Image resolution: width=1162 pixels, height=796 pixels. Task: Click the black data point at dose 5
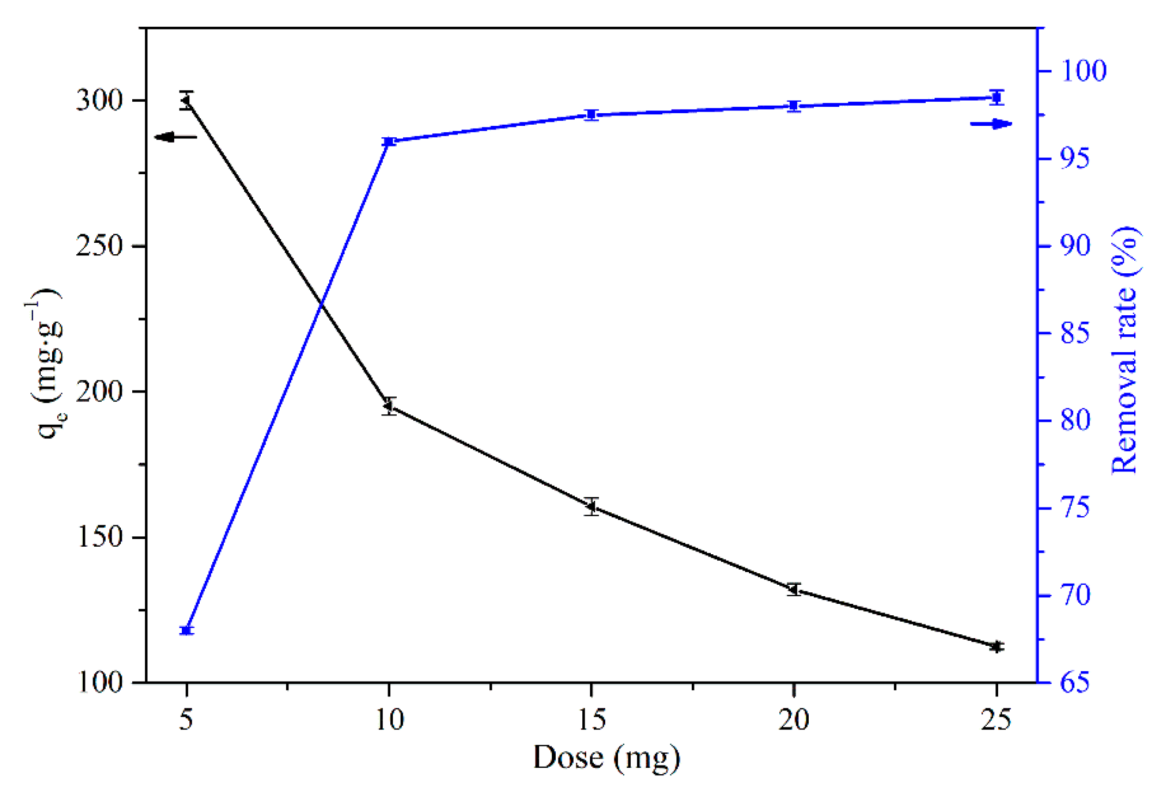coord(187,100)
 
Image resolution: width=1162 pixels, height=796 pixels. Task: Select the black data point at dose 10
coord(389,406)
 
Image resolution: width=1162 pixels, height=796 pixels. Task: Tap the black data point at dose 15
coord(592,506)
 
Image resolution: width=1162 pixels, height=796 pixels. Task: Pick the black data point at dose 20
coord(794,589)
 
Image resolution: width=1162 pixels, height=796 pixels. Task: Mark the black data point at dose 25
coord(997,647)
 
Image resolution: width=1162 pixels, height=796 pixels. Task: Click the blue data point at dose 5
coord(187,630)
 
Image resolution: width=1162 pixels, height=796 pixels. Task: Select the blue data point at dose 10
coord(389,142)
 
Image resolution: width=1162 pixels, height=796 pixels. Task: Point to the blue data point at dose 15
coord(592,115)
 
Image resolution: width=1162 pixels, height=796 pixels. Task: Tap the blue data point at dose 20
coord(794,106)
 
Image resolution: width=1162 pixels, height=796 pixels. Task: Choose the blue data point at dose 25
coord(997,98)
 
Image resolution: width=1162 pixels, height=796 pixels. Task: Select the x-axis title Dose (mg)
coord(606,758)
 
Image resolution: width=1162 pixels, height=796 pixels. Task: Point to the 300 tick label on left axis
coord(100,101)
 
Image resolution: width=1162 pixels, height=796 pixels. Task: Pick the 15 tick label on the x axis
coord(592,720)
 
